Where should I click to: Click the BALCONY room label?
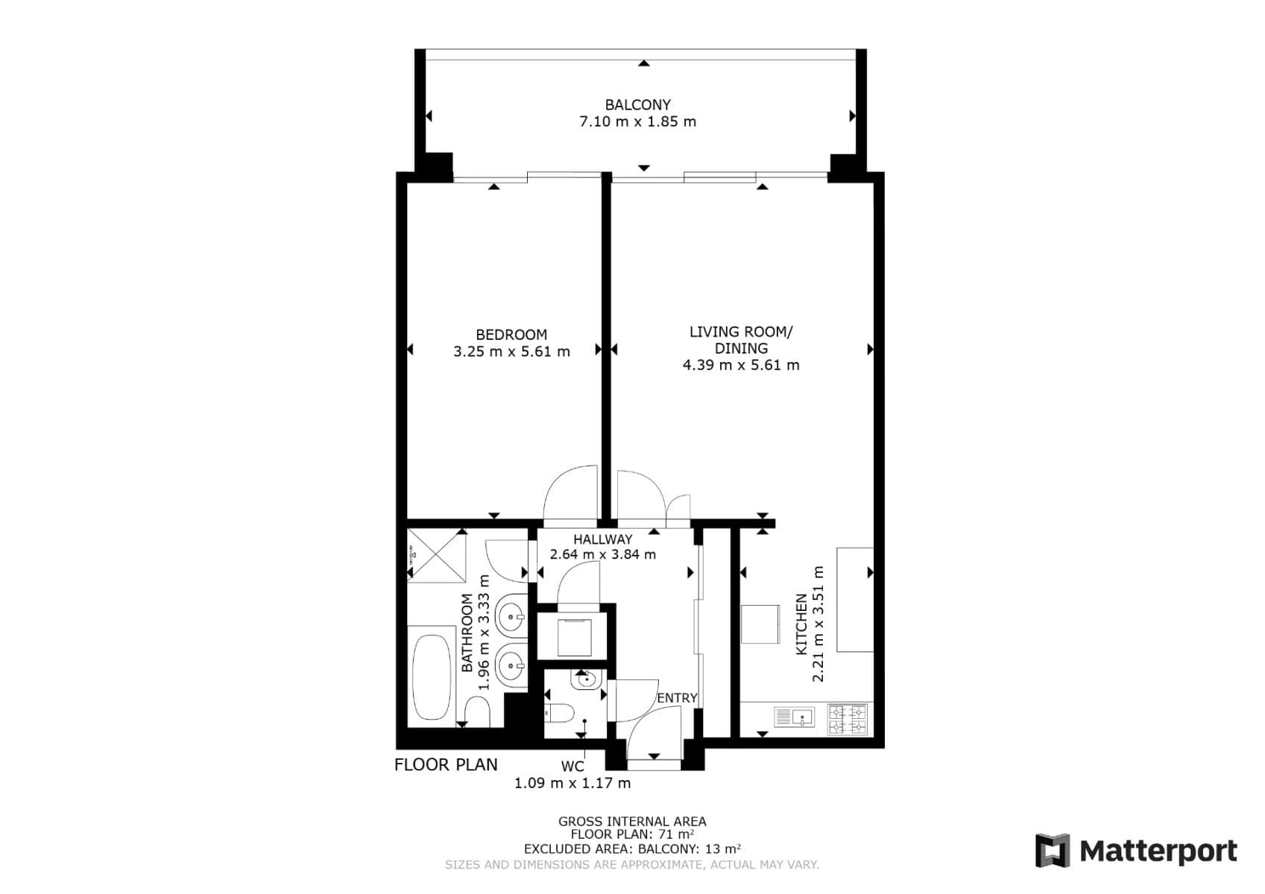coord(637,105)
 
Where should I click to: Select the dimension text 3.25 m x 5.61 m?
coord(511,352)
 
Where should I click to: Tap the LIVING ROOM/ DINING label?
coord(741,340)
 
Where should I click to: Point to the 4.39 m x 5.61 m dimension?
coord(741,365)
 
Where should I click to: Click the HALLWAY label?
coord(602,539)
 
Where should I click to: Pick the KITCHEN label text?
coord(801,624)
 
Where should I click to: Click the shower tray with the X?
coord(438,556)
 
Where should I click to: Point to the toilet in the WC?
coord(558,714)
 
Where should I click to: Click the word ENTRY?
coord(677,698)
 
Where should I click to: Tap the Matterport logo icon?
coord(1053,851)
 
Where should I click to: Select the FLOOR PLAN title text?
coord(446,764)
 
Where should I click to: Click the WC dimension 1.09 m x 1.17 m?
coord(572,783)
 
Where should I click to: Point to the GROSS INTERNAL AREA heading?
coord(632,822)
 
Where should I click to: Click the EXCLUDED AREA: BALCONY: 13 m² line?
coord(632,849)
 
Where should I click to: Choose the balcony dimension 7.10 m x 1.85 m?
coord(637,121)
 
